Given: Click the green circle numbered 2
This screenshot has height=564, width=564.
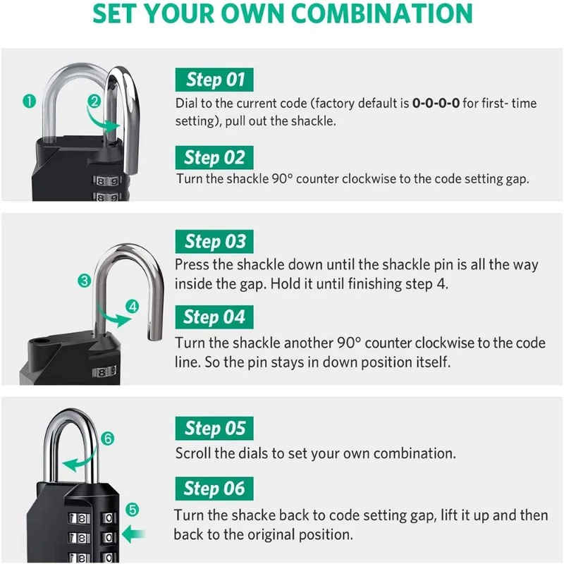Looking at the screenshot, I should [x=94, y=101].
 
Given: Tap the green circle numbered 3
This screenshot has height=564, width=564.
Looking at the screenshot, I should [x=85, y=281].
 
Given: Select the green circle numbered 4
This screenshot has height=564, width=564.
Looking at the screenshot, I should [x=133, y=306].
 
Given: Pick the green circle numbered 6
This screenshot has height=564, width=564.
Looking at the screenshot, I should [x=107, y=439].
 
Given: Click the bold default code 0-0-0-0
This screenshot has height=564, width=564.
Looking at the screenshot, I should [x=436, y=104].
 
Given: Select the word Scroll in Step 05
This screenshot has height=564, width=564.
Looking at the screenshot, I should [x=192, y=453].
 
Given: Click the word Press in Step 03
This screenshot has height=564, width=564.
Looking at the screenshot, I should [x=191, y=265].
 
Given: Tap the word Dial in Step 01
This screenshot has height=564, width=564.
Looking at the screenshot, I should [x=187, y=104].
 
